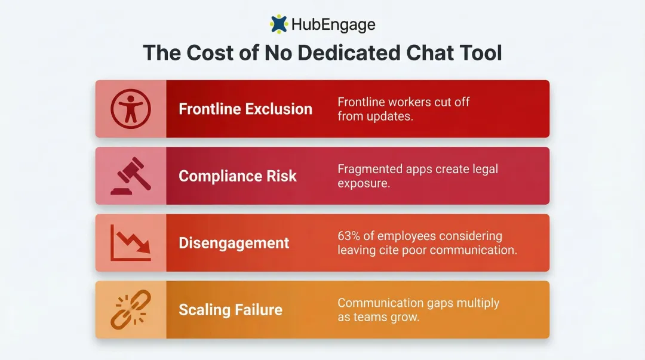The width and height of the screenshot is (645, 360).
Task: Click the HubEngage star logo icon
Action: click(279, 24)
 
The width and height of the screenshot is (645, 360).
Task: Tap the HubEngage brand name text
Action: click(333, 25)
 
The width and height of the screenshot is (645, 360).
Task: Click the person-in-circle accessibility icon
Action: click(131, 109)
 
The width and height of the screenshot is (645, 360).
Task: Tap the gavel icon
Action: click(131, 176)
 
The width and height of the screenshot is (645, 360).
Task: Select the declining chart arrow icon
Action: click(131, 243)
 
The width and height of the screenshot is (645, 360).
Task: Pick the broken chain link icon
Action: click(131, 310)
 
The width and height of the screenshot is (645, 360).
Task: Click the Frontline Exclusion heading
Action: click(245, 109)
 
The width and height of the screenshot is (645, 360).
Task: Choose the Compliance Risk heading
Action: click(238, 176)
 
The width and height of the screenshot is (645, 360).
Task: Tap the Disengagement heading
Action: click(234, 243)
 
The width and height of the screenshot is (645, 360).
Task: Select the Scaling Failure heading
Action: click(231, 310)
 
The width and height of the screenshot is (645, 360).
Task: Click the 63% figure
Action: click(350, 236)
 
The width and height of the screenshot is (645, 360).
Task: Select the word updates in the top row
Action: click(391, 116)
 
